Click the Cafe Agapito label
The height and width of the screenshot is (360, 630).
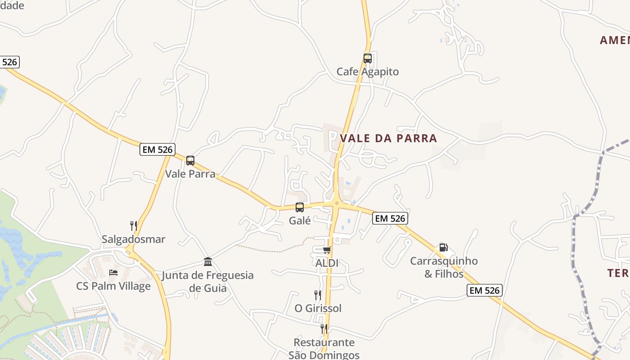click(368, 72)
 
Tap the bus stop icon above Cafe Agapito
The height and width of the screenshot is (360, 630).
click(368, 58)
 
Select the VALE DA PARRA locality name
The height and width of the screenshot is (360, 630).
click(388, 138)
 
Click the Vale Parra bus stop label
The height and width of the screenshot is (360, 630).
click(190, 174)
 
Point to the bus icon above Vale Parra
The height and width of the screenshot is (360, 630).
click(190, 161)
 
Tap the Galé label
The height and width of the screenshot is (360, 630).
click(300, 220)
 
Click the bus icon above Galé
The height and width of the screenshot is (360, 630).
click(300, 207)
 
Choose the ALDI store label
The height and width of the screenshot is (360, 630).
click(327, 263)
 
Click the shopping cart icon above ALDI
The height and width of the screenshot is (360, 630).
click(327, 250)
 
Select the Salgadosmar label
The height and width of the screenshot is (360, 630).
click(133, 239)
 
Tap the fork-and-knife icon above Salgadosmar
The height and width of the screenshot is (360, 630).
click(133, 225)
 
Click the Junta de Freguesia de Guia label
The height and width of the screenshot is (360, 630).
click(208, 281)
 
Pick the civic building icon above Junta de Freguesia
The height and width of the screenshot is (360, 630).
click(208, 261)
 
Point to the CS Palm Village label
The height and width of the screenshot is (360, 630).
click(113, 286)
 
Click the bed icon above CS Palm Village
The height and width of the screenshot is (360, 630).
click(113, 273)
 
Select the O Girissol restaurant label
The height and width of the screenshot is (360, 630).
click(318, 308)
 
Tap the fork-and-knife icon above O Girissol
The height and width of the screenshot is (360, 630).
click(318, 295)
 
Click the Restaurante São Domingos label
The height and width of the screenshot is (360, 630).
click(324, 349)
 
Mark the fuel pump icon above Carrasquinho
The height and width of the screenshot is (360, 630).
click(444, 247)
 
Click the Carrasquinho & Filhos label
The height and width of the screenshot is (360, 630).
click(444, 267)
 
